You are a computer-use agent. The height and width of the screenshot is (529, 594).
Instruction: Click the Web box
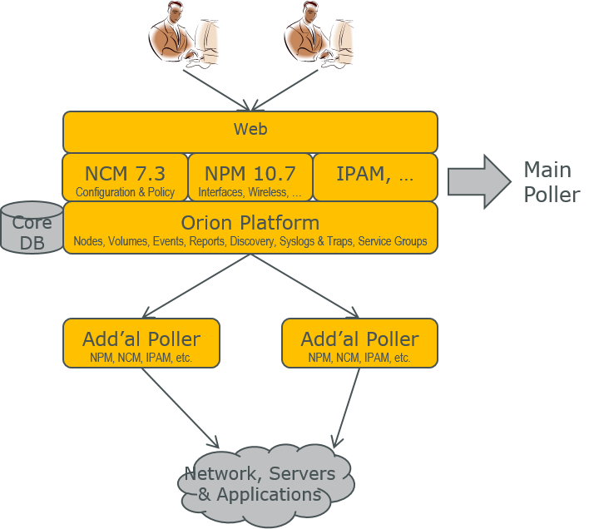[250, 131]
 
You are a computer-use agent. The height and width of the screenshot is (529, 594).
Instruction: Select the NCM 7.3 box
[125, 177]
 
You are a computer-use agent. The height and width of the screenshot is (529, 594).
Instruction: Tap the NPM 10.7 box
[250, 177]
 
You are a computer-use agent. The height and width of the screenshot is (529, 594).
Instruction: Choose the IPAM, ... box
[374, 176]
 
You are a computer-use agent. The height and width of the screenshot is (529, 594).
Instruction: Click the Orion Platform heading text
[250, 223]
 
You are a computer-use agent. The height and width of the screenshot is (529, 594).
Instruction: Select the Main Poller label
[552, 183]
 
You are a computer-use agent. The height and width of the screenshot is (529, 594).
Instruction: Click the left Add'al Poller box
[141, 343]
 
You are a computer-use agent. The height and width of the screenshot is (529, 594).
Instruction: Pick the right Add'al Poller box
[359, 343]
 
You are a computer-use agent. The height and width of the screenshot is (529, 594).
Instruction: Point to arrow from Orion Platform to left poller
[196, 285]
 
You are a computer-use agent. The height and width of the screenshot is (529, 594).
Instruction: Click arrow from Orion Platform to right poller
[304, 285]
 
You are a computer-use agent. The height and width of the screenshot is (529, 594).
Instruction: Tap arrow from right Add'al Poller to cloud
[347, 406]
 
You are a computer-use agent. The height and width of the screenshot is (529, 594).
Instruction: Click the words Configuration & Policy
[125, 193]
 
